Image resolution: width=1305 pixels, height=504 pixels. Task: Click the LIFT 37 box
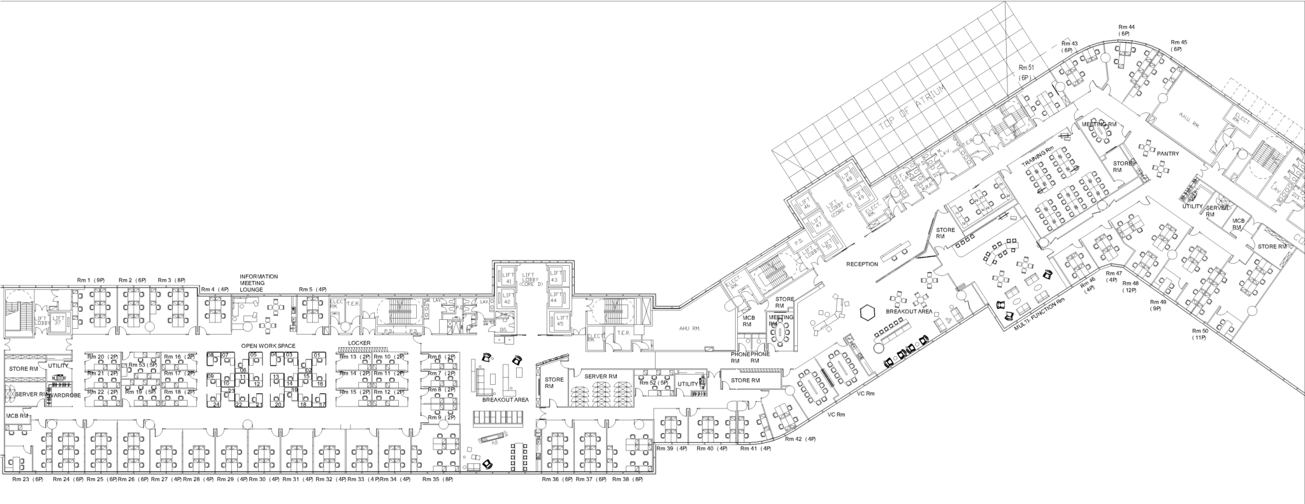tap(59, 320)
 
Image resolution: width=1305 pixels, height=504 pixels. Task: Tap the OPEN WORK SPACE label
tap(268, 345)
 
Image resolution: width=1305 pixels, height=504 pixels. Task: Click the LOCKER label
tap(359, 343)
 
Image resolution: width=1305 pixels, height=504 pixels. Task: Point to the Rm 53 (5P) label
tap(142, 365)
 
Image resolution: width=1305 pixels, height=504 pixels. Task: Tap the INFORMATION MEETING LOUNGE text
tap(259, 283)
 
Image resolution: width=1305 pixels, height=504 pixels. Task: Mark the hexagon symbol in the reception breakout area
tap(867, 312)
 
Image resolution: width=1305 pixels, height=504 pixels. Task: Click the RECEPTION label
tap(862, 264)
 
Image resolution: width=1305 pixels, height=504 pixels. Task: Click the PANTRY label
tap(1168, 154)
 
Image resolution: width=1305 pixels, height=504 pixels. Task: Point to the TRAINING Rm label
tap(1038, 159)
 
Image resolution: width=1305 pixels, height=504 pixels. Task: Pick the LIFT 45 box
tap(561, 320)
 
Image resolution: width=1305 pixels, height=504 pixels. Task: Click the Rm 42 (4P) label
tap(800, 439)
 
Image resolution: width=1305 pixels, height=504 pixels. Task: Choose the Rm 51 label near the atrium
tap(1025, 68)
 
